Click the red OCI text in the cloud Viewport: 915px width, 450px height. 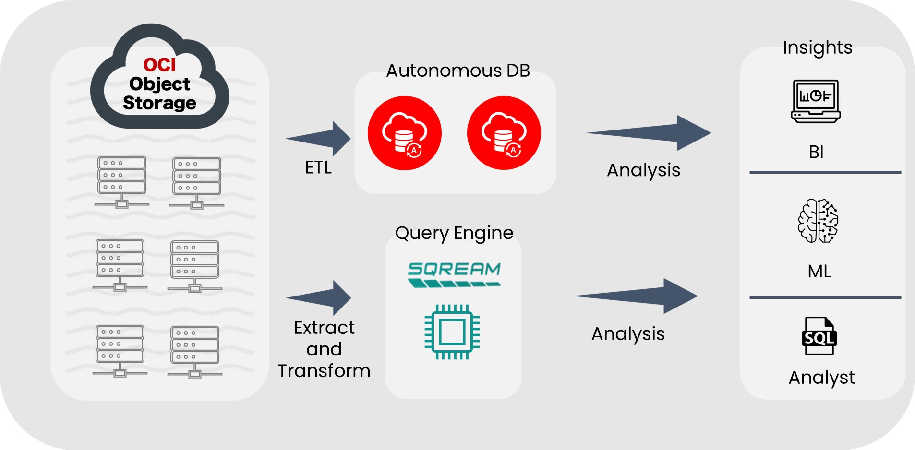pyautogui.click(x=159, y=65)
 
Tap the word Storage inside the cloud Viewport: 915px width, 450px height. pyautogui.click(x=159, y=103)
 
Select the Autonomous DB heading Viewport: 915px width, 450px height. pyautogui.click(x=458, y=71)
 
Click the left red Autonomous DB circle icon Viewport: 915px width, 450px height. pyautogui.click(x=404, y=133)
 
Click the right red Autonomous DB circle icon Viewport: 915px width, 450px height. pyautogui.click(x=504, y=133)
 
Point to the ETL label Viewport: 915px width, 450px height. pyautogui.click(x=318, y=167)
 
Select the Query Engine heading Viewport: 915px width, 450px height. pyautogui.click(x=454, y=233)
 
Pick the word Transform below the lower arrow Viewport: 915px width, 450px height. pyautogui.click(x=324, y=371)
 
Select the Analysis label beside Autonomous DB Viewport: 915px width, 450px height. pyautogui.click(x=643, y=170)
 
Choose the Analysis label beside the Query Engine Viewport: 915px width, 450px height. pyautogui.click(x=628, y=333)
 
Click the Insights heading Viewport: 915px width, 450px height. pyautogui.click(x=818, y=47)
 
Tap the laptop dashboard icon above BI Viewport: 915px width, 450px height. pyautogui.click(x=816, y=101)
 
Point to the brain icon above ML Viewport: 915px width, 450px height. pyautogui.click(x=818, y=221)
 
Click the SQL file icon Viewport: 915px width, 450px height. pyautogui.click(x=819, y=336)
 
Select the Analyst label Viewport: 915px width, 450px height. pyautogui.click(x=821, y=378)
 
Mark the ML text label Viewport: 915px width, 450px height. pyautogui.click(x=819, y=272)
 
